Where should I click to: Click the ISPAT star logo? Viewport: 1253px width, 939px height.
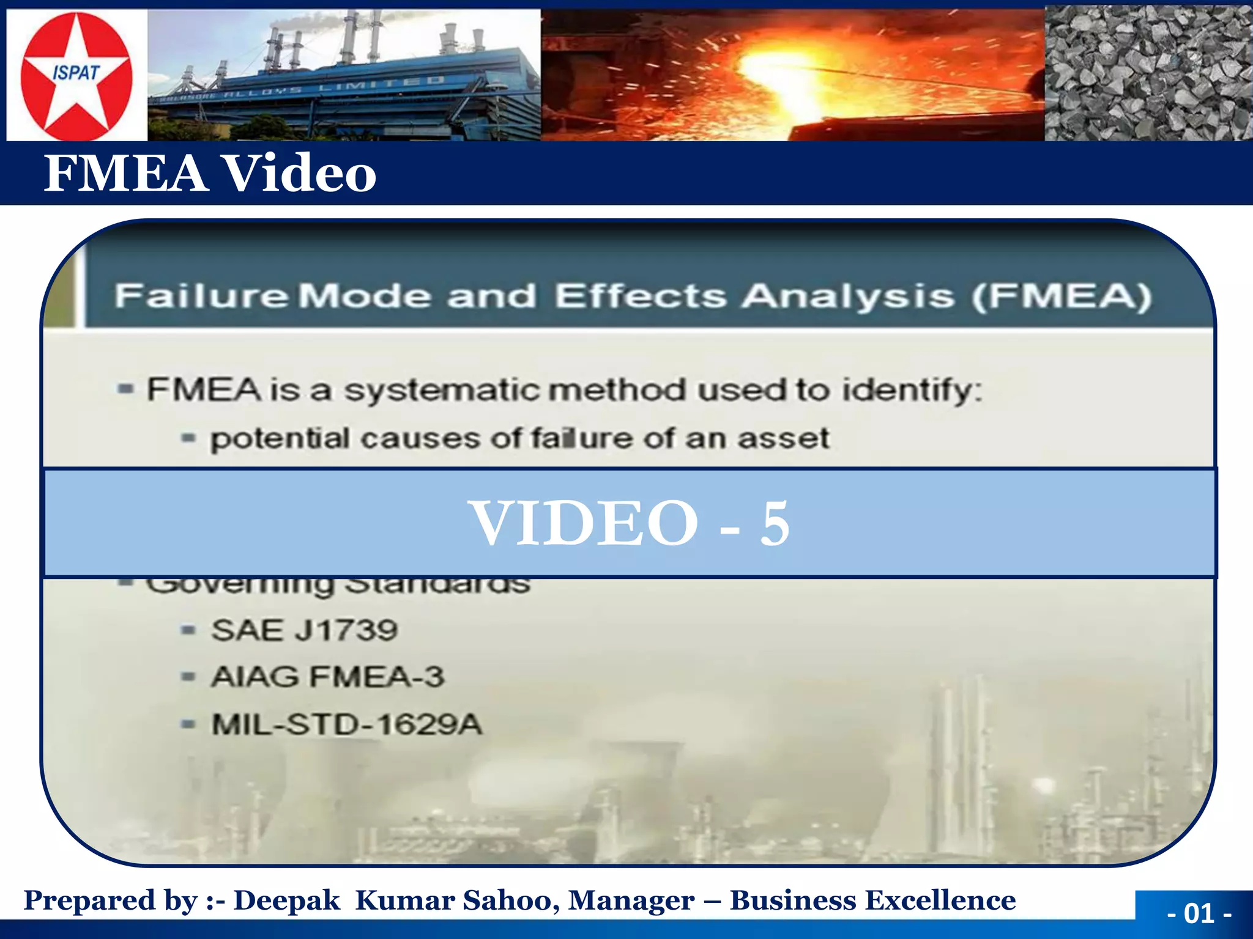click(x=76, y=76)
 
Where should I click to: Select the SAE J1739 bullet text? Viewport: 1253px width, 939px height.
click(x=304, y=630)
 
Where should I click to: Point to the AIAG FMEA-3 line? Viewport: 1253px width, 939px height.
click(x=327, y=677)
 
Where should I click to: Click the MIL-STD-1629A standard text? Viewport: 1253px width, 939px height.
click(x=346, y=725)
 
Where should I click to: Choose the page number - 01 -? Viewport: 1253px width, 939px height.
click(x=1199, y=913)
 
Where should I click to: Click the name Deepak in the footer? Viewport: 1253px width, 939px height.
click(x=286, y=900)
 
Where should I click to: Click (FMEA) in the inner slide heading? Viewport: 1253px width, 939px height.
click(x=1062, y=296)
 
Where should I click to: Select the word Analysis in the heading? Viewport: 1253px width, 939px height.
click(x=848, y=296)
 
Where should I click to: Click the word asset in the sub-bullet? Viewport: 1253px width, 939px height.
click(x=783, y=438)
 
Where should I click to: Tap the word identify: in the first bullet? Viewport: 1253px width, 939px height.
click(x=912, y=390)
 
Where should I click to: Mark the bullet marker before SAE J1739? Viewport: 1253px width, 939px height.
click(x=188, y=630)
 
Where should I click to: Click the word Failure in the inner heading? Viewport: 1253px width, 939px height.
click(x=201, y=296)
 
